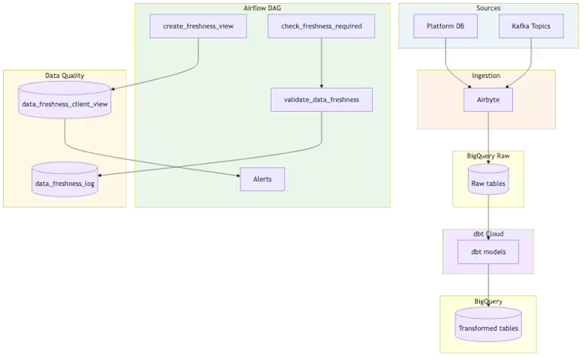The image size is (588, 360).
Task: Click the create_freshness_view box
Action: (198, 26)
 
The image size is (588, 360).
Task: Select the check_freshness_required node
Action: (321, 26)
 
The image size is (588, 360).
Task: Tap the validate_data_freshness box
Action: (321, 100)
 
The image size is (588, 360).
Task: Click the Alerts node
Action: (262, 179)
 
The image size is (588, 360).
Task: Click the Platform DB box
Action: (445, 26)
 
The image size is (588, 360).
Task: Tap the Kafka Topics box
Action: (531, 26)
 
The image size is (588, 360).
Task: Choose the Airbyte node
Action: (488, 100)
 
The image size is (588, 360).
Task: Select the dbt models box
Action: (488, 252)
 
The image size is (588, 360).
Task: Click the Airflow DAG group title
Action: (262, 8)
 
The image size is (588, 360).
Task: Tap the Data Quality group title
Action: (65, 75)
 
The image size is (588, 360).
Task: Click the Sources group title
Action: (488, 8)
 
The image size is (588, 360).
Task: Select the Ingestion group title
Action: (486, 75)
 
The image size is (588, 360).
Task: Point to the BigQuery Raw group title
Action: (488, 155)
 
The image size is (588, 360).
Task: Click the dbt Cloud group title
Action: (488, 234)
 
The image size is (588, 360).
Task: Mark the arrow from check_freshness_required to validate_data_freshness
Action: (321, 62)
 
